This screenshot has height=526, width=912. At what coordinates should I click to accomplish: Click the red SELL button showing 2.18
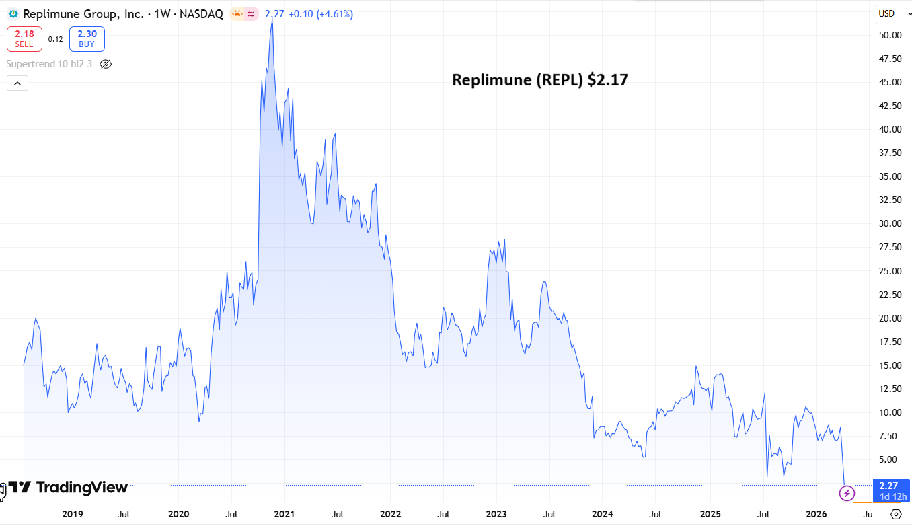point(24,39)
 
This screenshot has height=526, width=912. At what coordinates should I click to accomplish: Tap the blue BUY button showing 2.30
point(87,39)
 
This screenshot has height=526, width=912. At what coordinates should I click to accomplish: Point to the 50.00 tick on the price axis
point(886,35)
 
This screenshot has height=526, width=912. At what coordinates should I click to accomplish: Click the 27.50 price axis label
point(886,247)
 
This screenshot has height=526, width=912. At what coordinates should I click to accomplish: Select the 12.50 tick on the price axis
point(886,389)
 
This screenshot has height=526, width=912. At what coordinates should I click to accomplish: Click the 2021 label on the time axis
point(284,515)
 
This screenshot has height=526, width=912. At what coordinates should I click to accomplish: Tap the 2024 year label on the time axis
point(602,515)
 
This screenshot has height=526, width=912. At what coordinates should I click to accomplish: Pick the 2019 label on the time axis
point(72,515)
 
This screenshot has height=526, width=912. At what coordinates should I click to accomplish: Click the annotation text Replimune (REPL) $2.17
point(539,80)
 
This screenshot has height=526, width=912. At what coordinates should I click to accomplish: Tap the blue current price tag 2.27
point(888,485)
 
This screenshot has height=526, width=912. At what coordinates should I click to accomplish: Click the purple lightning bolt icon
point(847,494)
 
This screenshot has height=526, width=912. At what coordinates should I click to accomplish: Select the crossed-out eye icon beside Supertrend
point(105,64)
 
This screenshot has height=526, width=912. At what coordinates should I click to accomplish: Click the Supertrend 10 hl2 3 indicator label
point(49,64)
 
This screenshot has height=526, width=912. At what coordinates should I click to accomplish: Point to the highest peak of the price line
point(272,22)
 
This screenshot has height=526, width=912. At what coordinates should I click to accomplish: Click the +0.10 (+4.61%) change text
point(321,14)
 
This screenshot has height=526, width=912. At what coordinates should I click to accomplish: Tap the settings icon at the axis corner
point(895,515)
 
